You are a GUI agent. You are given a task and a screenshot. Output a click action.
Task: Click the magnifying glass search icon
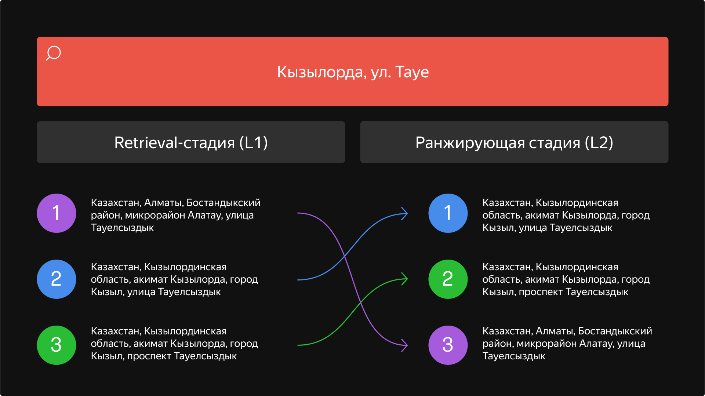pyautogui.click(x=54, y=53)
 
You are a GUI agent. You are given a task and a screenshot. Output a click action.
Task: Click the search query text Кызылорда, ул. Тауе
pyautogui.click(x=353, y=72)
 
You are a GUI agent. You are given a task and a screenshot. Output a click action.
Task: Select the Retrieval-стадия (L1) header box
pyautogui.click(x=191, y=142)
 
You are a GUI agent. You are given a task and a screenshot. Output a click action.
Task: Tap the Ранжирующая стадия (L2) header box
pyautogui.click(x=514, y=142)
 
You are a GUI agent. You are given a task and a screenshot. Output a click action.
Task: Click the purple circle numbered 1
pyautogui.click(x=57, y=213)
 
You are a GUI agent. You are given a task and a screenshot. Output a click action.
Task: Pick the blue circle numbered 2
pyautogui.click(x=57, y=279)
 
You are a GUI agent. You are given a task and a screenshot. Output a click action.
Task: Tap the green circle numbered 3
pyautogui.click(x=57, y=345)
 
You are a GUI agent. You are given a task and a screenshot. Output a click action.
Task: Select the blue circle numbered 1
pyautogui.click(x=448, y=213)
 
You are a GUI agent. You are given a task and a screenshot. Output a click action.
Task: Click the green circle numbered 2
pyautogui.click(x=448, y=279)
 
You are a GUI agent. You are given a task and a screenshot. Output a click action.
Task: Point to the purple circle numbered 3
pyautogui.click(x=448, y=345)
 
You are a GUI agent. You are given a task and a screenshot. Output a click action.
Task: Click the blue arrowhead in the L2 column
pyautogui.click(x=404, y=213)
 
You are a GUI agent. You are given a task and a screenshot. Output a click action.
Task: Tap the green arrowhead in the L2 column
pyautogui.click(x=404, y=279)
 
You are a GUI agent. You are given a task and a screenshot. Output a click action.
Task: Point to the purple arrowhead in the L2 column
pyautogui.click(x=404, y=345)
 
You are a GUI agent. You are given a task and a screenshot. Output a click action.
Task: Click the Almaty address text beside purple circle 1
pyautogui.click(x=175, y=215)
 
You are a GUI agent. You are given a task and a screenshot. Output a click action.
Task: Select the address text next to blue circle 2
pyautogui.click(x=174, y=279)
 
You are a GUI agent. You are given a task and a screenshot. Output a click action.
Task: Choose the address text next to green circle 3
pyautogui.click(x=174, y=343)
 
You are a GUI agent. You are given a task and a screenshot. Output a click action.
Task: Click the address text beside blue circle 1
pyautogui.click(x=566, y=215)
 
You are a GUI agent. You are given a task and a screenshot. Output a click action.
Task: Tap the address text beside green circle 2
pyautogui.click(x=566, y=279)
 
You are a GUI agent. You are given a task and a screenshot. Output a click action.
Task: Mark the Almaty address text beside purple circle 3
pyautogui.click(x=567, y=343)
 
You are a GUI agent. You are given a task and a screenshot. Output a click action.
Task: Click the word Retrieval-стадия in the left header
pyautogui.click(x=174, y=143)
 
